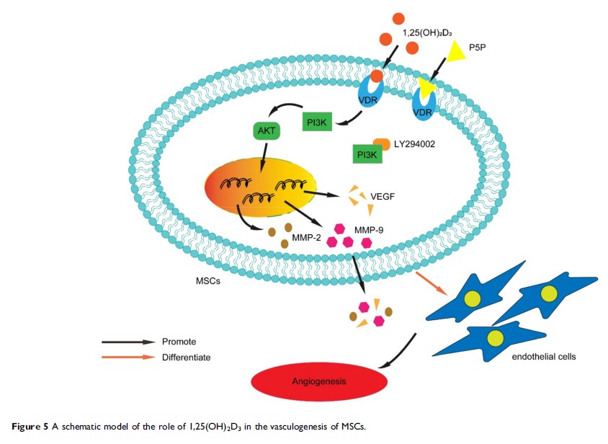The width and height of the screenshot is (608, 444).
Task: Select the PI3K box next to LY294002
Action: coord(366,154)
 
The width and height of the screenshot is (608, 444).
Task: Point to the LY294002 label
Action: coord(414,146)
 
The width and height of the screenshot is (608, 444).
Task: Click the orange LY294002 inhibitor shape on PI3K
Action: coord(382,146)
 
